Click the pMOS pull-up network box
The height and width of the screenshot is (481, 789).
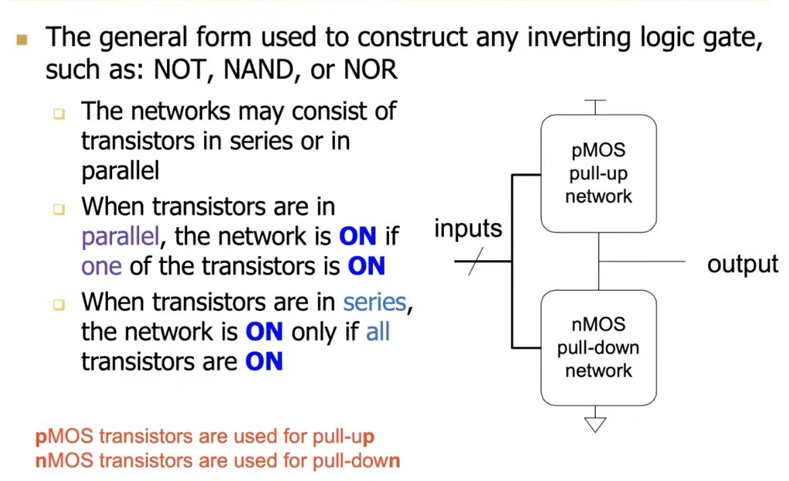click(599, 174)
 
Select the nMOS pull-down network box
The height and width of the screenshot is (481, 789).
click(599, 347)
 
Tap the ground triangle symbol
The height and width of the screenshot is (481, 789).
click(595, 424)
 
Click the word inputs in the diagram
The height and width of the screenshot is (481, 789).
click(468, 229)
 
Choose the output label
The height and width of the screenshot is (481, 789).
click(742, 264)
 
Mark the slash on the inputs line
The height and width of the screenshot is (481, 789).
click(476, 261)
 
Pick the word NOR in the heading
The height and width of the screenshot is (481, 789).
click(370, 70)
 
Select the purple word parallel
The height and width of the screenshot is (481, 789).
click(120, 237)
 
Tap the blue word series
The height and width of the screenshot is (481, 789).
click(375, 302)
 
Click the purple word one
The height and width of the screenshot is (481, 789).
click(101, 266)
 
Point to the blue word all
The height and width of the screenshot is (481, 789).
click(378, 332)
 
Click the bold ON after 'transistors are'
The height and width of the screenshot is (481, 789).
click(264, 361)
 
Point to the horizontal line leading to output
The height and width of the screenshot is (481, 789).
click(642, 261)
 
